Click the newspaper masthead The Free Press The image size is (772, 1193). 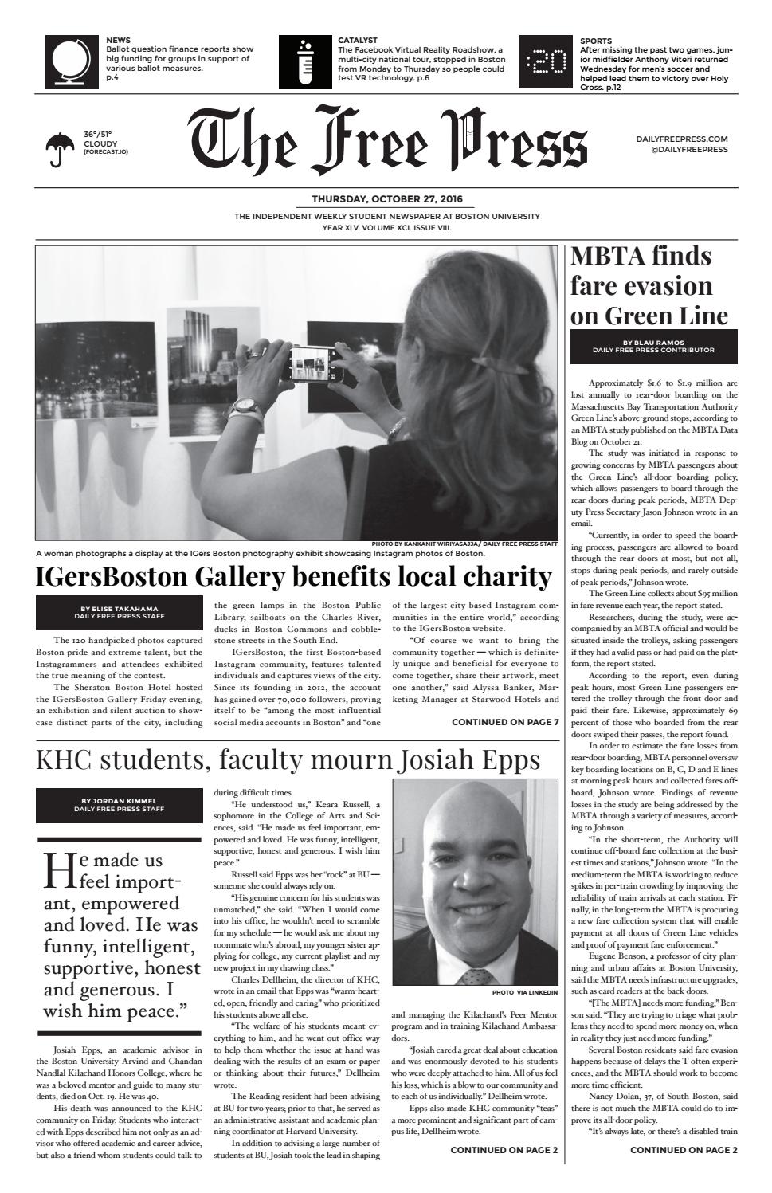point(389,146)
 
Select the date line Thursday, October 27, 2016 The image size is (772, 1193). point(386,199)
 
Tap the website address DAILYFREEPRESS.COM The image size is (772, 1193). point(681,139)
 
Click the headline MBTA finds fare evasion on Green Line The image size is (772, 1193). point(649,286)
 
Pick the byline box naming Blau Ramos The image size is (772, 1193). point(653,346)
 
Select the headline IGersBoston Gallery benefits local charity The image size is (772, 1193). point(294,576)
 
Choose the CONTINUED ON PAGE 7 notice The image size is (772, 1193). point(505,723)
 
